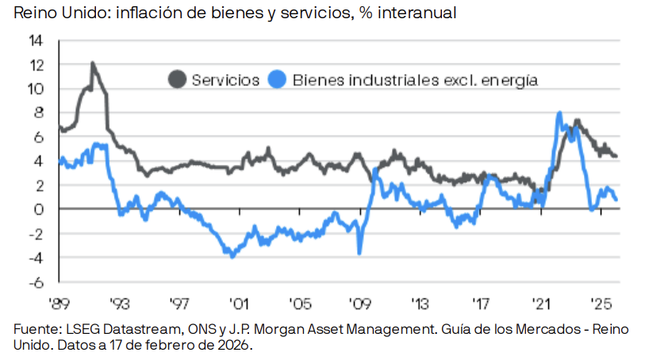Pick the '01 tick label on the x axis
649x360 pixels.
click(236, 303)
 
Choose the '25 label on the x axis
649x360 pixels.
click(601, 303)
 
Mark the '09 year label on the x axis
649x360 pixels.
click(359, 303)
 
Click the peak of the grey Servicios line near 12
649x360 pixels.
click(93, 63)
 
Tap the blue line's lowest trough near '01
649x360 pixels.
click(232, 256)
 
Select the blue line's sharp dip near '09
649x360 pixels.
click(359, 253)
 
